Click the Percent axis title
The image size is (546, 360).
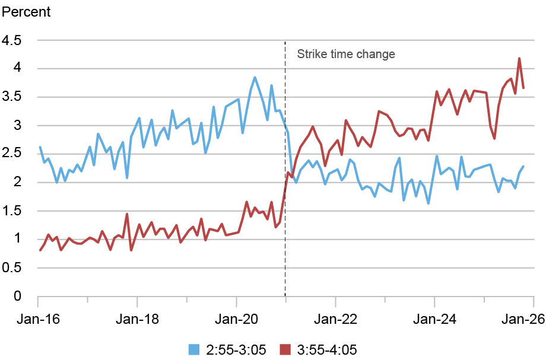click(26, 12)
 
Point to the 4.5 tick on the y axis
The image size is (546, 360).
click(11, 40)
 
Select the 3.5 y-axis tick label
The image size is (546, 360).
click(11, 97)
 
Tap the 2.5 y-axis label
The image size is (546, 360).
click(11, 154)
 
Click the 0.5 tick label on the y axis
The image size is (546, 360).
click(11, 267)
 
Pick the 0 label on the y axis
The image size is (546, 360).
click(17, 296)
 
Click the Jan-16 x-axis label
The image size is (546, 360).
click(39, 319)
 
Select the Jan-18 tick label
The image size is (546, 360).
click(137, 319)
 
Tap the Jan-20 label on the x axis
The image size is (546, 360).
click(236, 319)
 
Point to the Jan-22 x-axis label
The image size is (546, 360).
click(335, 319)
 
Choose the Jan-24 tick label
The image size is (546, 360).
click(434, 319)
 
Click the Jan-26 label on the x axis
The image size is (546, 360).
click(523, 319)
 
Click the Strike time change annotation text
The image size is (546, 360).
click(346, 54)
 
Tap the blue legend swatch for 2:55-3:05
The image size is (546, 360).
click(194, 349)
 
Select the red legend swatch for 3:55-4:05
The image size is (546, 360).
click(285, 349)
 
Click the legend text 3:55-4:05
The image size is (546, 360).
click(327, 349)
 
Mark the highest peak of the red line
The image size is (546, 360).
click(519, 59)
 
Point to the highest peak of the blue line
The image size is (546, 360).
click(255, 77)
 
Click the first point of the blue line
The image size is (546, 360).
click(40, 147)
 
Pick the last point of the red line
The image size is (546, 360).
click(523, 88)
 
